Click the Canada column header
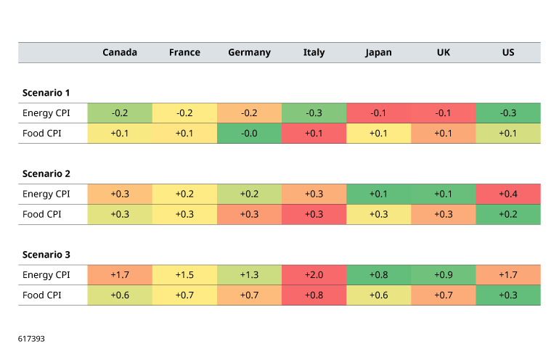click(x=120, y=52)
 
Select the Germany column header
click(x=249, y=53)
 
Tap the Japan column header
click(x=378, y=53)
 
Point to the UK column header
click(x=443, y=52)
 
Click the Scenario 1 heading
click(x=46, y=93)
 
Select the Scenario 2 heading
click(x=46, y=173)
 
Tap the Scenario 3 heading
click(x=46, y=255)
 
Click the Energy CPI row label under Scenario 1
click(x=46, y=113)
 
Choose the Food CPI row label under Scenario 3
click(x=41, y=295)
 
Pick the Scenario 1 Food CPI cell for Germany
click(x=249, y=134)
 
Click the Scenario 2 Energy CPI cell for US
click(x=508, y=194)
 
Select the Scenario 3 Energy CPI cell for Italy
click(x=314, y=275)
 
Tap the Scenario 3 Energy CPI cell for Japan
click(x=379, y=275)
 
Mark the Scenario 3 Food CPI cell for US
click(x=508, y=295)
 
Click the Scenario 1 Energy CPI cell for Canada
click(x=120, y=113)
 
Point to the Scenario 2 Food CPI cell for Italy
click(x=314, y=214)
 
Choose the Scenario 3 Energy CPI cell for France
click(x=184, y=275)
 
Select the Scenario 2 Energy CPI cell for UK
click(x=444, y=194)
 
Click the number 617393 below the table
click(x=31, y=339)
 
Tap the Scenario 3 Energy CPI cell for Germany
click(x=249, y=275)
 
